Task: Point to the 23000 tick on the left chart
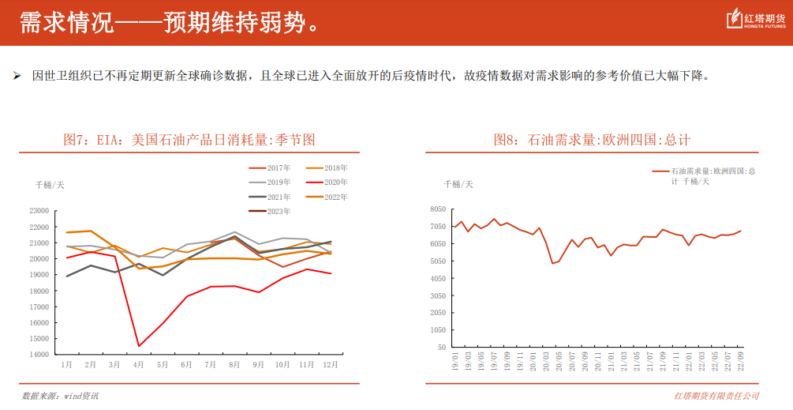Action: (38, 211)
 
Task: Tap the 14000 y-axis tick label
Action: (38, 355)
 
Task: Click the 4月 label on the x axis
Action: (139, 365)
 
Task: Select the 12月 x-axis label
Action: (331, 365)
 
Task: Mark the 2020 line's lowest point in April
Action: (139, 346)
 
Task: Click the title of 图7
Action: (189, 140)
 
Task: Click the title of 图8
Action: (592, 140)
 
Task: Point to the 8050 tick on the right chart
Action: (438, 209)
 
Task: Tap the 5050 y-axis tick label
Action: (438, 261)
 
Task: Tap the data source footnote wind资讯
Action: (60, 396)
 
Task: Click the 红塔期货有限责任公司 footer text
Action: (716, 396)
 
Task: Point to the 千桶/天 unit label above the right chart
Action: (458, 184)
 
